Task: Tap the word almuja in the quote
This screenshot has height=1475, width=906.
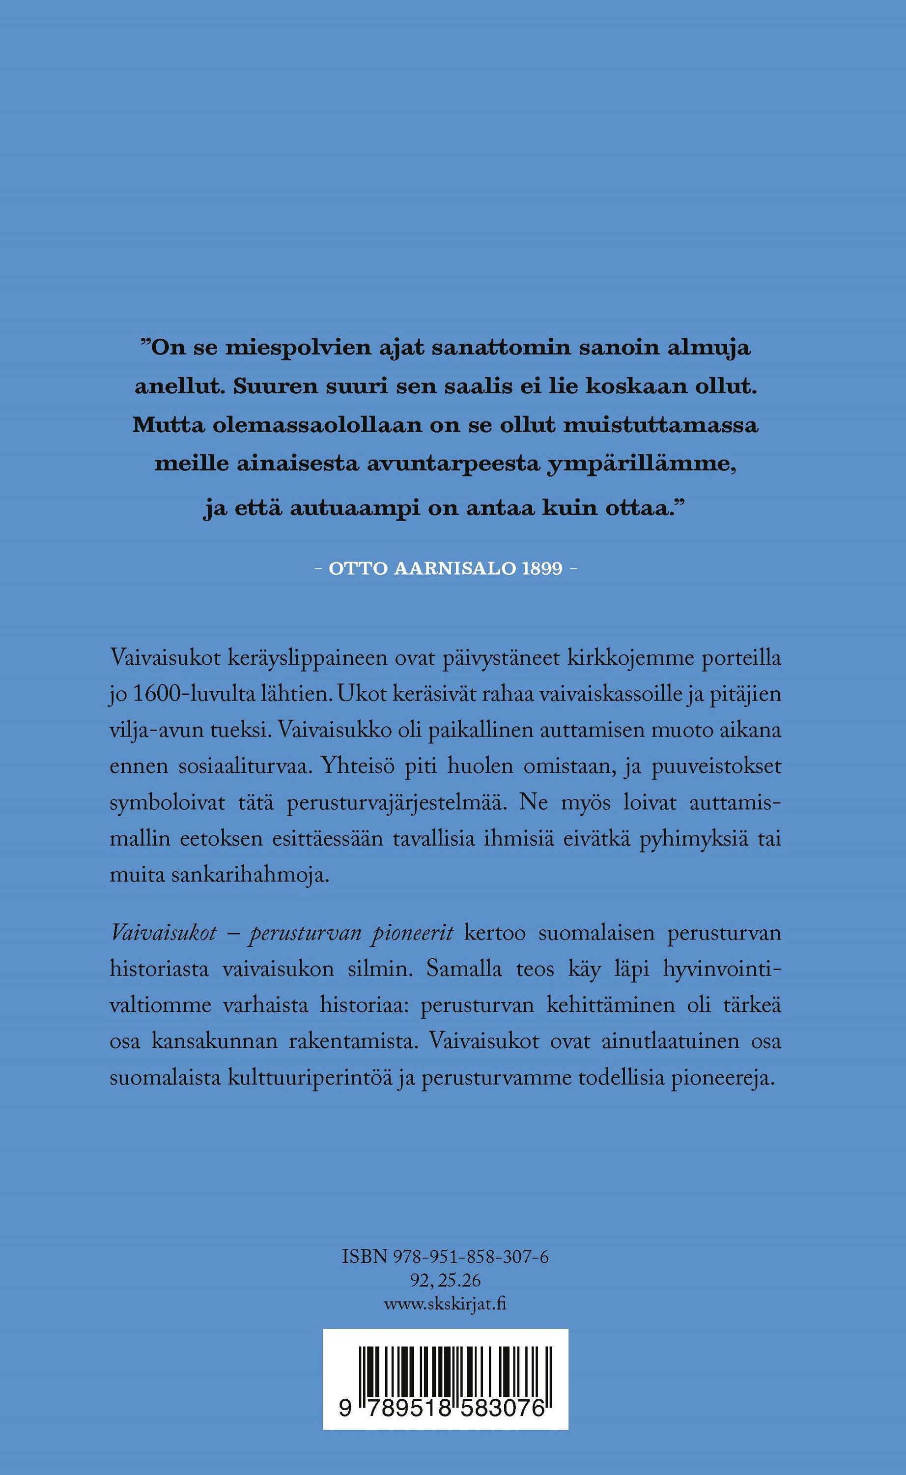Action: click(x=709, y=350)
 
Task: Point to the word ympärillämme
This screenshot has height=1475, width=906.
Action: click(x=638, y=466)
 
